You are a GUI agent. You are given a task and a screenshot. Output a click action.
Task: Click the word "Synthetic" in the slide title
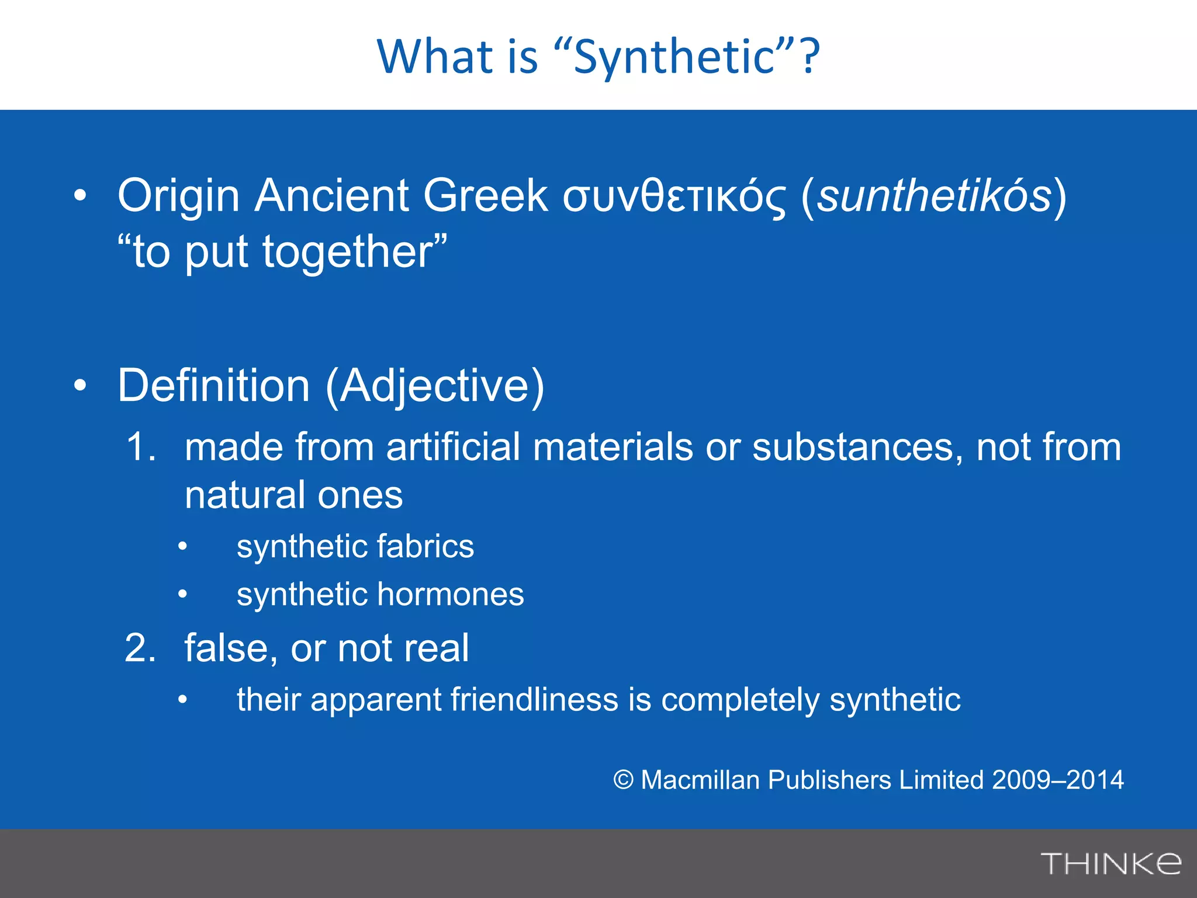(x=674, y=57)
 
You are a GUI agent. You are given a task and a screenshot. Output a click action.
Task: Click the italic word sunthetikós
(x=934, y=196)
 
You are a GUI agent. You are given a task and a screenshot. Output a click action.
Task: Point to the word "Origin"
(x=179, y=197)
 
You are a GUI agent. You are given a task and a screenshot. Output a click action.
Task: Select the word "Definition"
(x=214, y=386)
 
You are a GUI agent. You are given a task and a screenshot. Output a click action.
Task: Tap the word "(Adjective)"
(x=435, y=387)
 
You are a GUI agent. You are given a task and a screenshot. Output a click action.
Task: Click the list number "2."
(x=141, y=648)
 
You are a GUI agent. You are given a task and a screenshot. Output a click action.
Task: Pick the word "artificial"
(x=453, y=447)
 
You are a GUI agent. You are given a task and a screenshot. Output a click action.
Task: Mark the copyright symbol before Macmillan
(x=624, y=780)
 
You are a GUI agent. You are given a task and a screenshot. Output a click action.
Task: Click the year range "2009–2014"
(x=1057, y=780)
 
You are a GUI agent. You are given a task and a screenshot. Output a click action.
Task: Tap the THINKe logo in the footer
(x=1110, y=864)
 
